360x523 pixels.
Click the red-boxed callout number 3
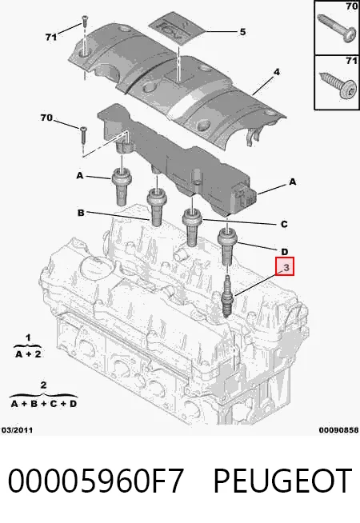285,266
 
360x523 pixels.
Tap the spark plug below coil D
227,296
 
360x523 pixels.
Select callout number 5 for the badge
242,32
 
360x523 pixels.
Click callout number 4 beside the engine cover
277,72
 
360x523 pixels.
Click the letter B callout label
81,213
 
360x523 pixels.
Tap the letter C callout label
284,224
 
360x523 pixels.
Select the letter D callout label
284,251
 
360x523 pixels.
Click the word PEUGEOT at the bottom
282,481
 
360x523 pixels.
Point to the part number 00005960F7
96,481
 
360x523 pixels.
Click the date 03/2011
17,430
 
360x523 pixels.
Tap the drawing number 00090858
338,430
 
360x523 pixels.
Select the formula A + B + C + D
44,404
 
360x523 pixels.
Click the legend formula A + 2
28,354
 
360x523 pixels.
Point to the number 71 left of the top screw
51,37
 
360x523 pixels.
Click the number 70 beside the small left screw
46,118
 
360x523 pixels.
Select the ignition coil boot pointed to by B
156,207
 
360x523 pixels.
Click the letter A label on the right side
293,182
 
